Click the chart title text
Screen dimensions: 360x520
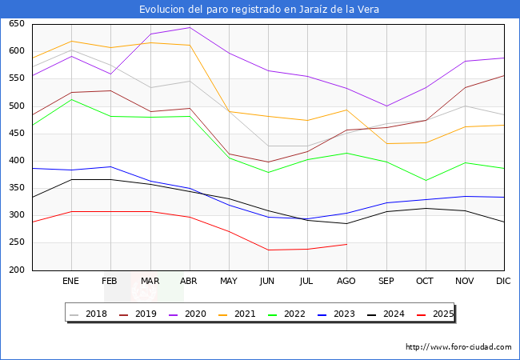click(259, 10)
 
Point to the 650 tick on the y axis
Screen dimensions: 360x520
click(15, 24)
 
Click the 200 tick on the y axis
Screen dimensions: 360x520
click(15, 270)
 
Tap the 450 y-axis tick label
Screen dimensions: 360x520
click(15, 133)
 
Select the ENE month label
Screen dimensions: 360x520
click(71, 282)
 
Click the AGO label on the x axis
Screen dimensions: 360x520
click(346, 282)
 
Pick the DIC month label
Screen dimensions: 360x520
click(503, 282)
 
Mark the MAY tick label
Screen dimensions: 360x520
click(229, 282)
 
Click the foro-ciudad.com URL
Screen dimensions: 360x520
click(458, 347)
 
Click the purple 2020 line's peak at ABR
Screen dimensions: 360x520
click(190, 28)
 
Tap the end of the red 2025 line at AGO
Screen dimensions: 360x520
click(346, 244)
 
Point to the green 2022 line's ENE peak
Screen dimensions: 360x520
click(72, 99)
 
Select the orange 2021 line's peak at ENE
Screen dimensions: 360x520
click(72, 41)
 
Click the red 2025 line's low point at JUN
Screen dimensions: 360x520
click(268, 250)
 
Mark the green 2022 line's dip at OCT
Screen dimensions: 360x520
click(425, 180)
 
